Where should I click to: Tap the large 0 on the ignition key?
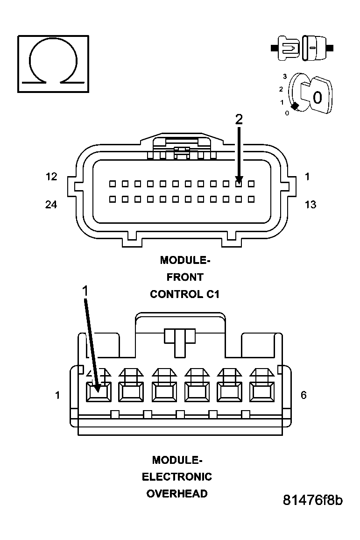click(318, 98)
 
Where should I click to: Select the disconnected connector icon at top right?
click(303, 48)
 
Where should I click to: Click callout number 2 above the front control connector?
click(239, 119)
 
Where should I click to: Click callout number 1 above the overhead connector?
click(85, 291)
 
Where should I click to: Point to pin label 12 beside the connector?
click(51, 177)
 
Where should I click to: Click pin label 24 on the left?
click(51, 205)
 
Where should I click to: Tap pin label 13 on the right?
click(310, 205)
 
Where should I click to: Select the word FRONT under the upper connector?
click(185, 277)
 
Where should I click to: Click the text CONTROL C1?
click(184, 294)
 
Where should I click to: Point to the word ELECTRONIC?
click(177, 477)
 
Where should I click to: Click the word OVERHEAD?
click(177, 494)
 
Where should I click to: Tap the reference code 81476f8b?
click(313, 500)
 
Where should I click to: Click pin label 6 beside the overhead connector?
click(304, 395)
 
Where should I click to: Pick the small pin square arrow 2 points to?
click(239, 184)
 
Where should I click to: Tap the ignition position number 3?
click(284, 76)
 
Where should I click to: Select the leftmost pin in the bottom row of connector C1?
click(113, 199)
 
